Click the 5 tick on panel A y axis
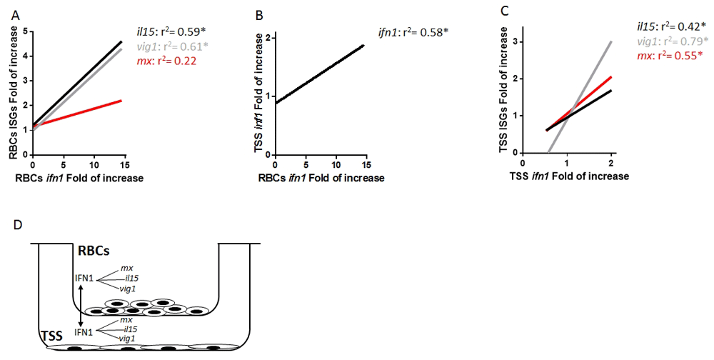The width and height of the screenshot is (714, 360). [x=24, y=31]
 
